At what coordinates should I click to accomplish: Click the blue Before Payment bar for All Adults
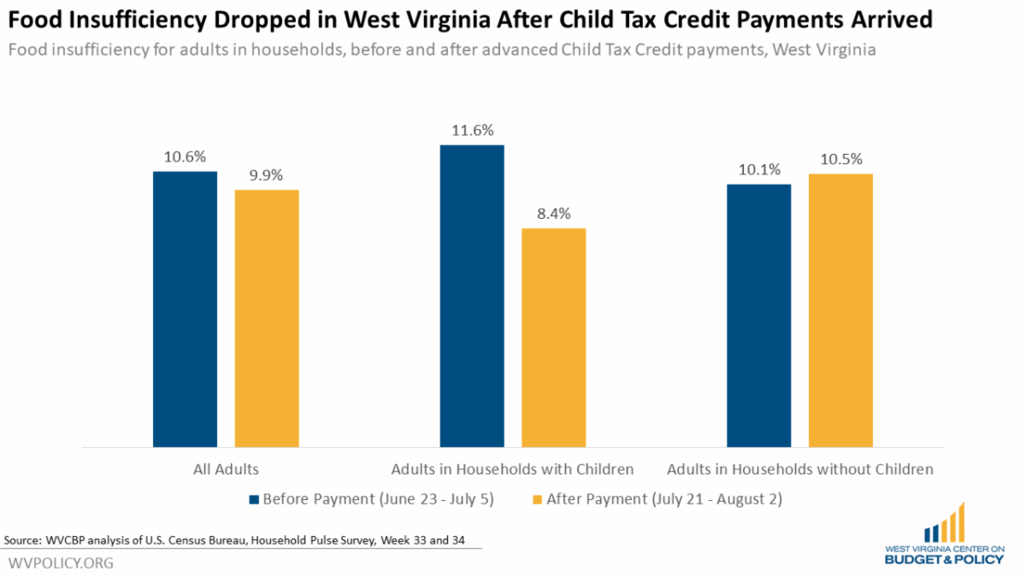pyautogui.click(x=185, y=309)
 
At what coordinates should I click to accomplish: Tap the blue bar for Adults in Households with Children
pyautogui.click(x=472, y=296)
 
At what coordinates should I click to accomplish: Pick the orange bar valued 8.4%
pyautogui.click(x=553, y=337)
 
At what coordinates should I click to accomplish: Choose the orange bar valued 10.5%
pyautogui.click(x=840, y=309)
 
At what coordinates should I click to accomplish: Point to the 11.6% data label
pyautogui.click(x=472, y=131)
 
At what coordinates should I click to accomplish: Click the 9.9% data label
pyautogui.click(x=267, y=175)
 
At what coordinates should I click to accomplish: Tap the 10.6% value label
pyautogui.click(x=185, y=157)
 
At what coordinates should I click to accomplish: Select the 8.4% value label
pyautogui.click(x=553, y=214)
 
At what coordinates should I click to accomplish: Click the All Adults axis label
pyautogui.click(x=226, y=468)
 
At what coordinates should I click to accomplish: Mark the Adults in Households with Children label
pyautogui.click(x=512, y=468)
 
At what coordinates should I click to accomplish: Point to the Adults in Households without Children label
pyautogui.click(x=799, y=468)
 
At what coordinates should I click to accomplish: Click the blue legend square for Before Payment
pyautogui.click(x=253, y=498)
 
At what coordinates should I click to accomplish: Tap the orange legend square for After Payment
pyautogui.click(x=537, y=498)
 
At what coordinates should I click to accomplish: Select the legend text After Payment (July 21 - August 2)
pyautogui.click(x=663, y=498)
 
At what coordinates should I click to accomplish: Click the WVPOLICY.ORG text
pyautogui.click(x=61, y=563)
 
